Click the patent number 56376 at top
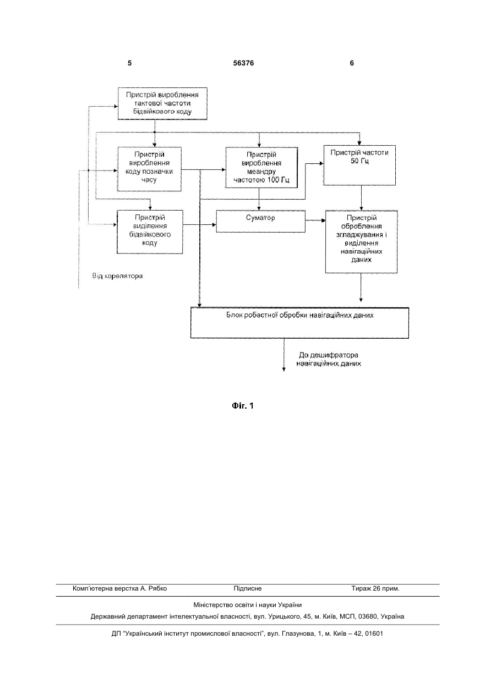(x=243, y=63)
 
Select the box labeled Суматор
(x=261, y=221)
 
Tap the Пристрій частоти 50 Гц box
(x=359, y=166)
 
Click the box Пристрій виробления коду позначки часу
(x=150, y=169)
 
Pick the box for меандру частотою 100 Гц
(x=261, y=168)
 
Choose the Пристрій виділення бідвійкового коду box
(x=150, y=232)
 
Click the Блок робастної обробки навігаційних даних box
(x=300, y=323)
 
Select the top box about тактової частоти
(x=162, y=103)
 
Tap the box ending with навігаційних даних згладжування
(x=362, y=242)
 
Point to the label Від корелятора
(x=117, y=276)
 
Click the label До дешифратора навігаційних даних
(x=329, y=360)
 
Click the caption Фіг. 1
(x=243, y=406)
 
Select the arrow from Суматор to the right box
(x=315, y=221)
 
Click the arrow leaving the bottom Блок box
(x=284, y=355)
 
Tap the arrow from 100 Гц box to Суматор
(x=259, y=199)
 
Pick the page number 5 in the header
(x=129, y=63)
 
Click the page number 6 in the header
(x=352, y=63)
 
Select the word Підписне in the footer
(x=248, y=588)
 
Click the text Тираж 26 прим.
(x=375, y=588)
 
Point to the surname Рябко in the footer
(x=158, y=588)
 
